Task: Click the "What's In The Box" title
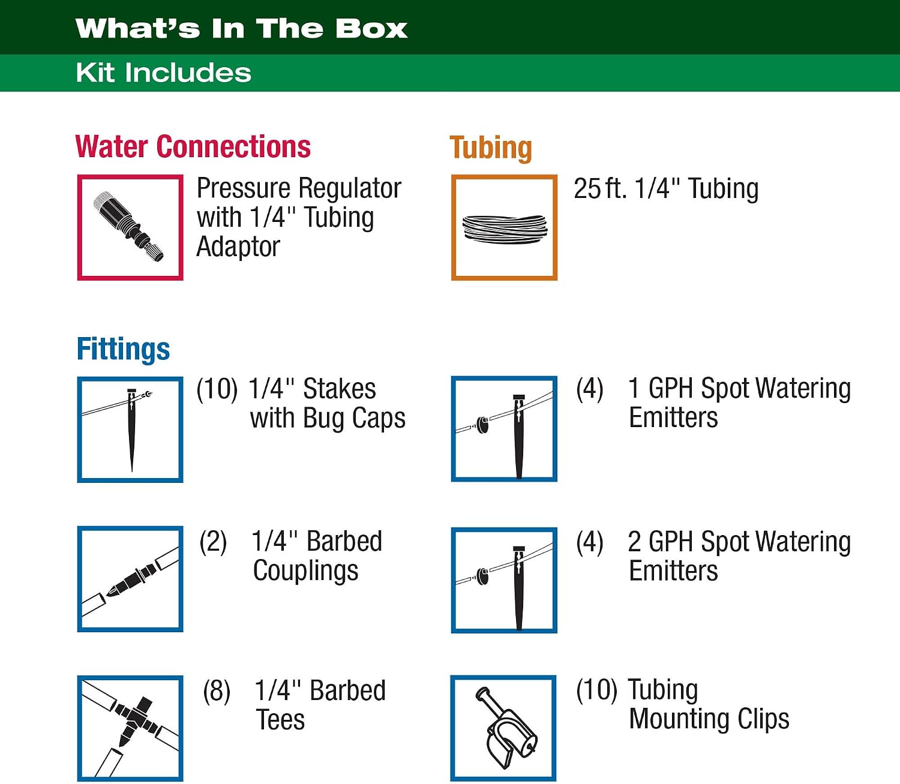pos(241,29)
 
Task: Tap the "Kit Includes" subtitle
pos(163,73)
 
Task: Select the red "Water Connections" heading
pos(193,146)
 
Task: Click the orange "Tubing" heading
pos(490,148)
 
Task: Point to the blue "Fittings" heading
pos(123,349)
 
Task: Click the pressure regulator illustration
pos(128,226)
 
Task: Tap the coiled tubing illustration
pos(505,229)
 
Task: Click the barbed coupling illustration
pos(130,579)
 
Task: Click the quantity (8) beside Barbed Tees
pos(217,690)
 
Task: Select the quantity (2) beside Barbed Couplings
pos(213,541)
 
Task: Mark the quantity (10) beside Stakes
pos(217,389)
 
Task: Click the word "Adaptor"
pos(238,247)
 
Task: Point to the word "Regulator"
pos(350,188)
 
